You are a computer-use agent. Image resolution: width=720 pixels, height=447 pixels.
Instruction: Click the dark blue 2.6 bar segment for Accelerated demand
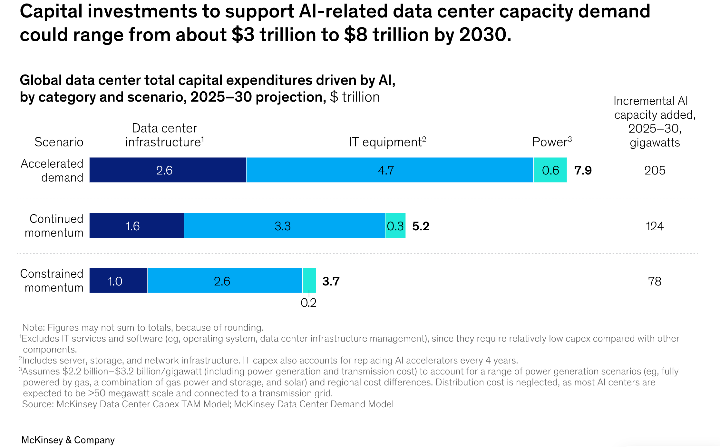pos(168,170)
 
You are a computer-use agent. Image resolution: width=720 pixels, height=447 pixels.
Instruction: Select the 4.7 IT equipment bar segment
pos(389,170)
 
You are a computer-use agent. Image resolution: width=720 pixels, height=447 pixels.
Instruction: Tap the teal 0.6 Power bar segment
pos(550,170)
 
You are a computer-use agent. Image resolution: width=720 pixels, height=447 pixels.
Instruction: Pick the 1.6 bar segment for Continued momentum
pos(137,225)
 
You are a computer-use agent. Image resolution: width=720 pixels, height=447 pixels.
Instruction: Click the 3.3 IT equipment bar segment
pos(284,225)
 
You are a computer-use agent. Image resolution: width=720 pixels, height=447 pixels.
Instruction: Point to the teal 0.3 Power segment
pos(395,225)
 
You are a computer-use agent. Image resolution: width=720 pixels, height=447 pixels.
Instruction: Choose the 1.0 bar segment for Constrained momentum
pos(118,281)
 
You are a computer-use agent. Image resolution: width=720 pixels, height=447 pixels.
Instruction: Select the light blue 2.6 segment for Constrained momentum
pos(225,281)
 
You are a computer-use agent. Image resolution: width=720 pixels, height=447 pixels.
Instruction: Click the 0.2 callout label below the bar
pos(308,303)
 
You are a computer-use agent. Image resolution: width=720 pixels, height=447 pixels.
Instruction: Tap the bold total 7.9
pos(583,170)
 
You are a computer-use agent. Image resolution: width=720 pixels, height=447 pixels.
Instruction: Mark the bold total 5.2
pos(421,226)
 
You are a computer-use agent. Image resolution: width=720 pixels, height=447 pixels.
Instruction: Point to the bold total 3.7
pos(331,281)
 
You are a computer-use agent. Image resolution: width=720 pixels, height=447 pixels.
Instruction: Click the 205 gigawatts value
pos(655,170)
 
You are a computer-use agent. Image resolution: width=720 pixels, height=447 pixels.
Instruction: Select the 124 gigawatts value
pos(655,226)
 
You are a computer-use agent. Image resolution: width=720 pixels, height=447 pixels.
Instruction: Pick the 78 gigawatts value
pos(655,281)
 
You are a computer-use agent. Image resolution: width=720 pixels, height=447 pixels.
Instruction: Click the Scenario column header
pos(59,142)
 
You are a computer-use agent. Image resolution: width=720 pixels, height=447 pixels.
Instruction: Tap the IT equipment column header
pos(387,142)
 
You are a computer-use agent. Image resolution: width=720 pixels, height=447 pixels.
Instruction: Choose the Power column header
pos(551,142)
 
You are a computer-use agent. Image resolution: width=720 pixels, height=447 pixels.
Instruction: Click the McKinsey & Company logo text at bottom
pos(68,440)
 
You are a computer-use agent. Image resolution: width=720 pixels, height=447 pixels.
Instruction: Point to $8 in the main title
pos(355,35)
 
